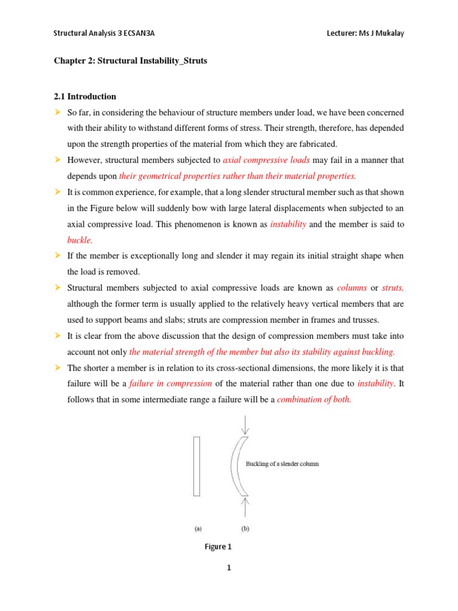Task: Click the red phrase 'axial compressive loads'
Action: pyautogui.click(x=266, y=160)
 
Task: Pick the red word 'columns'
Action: pyautogui.click(x=352, y=288)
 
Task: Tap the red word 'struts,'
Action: pyautogui.click(x=392, y=288)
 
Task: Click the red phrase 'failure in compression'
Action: pyautogui.click(x=171, y=384)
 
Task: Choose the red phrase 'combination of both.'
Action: pyautogui.click(x=314, y=400)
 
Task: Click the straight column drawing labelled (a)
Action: pyautogui.click(x=196, y=466)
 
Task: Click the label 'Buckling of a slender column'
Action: pyautogui.click(x=282, y=464)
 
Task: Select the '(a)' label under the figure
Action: pyautogui.click(x=197, y=528)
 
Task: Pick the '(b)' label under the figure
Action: pyautogui.click(x=245, y=528)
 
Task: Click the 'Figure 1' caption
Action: pyautogui.click(x=215, y=547)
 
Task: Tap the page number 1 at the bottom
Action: pyautogui.click(x=228, y=568)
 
